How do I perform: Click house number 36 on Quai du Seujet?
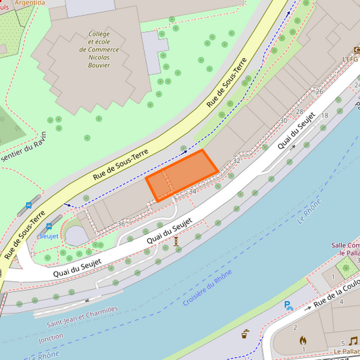tap(122, 223)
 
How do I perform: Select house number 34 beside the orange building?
tap(192, 192)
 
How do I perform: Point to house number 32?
tap(236, 161)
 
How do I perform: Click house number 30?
tap(283, 121)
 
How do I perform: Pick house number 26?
tap(319, 91)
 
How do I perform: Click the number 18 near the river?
tap(324, 115)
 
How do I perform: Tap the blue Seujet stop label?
tap(49, 236)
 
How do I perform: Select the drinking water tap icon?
tap(245, 333)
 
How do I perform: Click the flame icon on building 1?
tap(303, 340)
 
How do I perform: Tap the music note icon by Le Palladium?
tap(353, 341)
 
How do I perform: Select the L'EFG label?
tap(351, 59)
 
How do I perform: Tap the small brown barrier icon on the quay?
tap(176, 240)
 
